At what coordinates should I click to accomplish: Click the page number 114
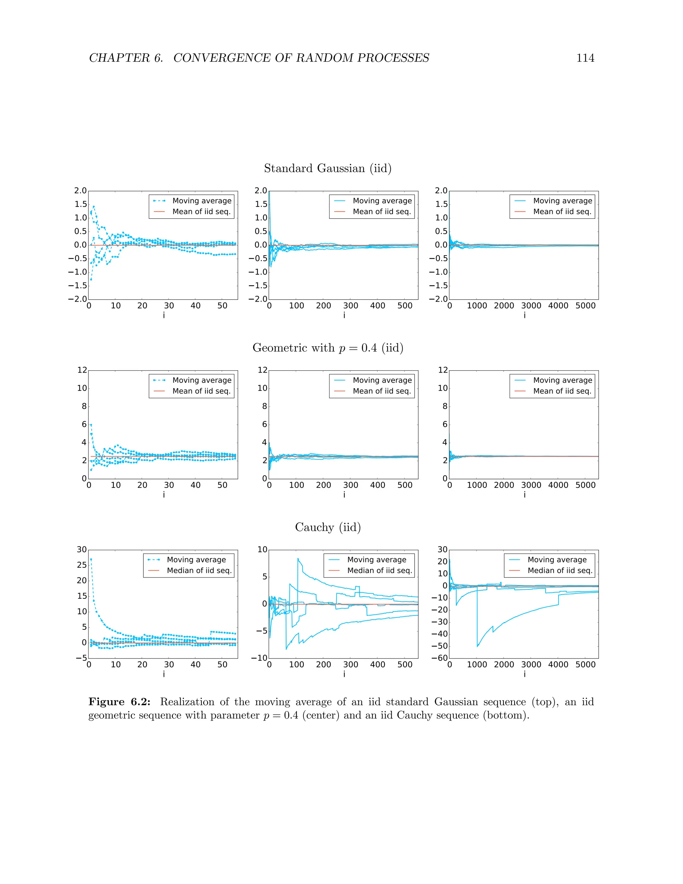[585, 58]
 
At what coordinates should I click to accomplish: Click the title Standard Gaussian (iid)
[328, 168]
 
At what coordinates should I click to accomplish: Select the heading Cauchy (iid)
[328, 527]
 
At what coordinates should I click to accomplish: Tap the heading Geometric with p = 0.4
[328, 348]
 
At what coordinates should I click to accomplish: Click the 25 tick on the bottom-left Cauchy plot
[82, 565]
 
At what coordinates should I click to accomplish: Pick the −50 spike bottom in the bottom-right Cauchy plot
[478, 646]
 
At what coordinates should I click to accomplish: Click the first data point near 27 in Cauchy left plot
[91, 559]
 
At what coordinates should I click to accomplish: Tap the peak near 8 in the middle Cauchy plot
[298, 559]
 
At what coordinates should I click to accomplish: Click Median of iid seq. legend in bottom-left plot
[199, 571]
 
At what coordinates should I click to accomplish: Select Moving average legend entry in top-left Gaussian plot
[201, 201]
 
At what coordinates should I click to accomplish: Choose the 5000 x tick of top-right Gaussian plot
[585, 306]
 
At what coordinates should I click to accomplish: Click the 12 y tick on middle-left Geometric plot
[82, 370]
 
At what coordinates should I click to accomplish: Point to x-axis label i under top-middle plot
[344, 315]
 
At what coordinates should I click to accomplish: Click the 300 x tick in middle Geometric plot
[351, 485]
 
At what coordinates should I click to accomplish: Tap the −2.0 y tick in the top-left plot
[78, 299]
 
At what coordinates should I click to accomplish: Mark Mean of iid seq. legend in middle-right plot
[562, 391]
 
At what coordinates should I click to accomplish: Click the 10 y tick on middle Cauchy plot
[262, 550]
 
